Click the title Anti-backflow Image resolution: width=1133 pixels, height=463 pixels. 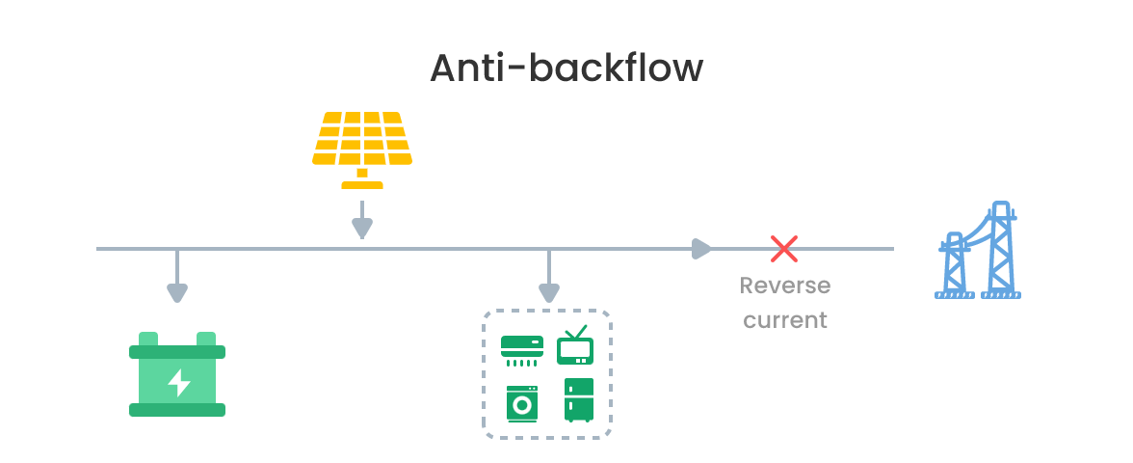566,68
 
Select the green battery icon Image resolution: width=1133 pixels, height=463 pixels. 177,376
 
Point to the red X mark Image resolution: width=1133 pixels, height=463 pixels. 784,249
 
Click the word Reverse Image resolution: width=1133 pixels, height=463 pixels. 784,286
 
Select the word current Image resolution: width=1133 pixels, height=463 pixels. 784,319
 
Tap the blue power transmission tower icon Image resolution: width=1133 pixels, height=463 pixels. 977,253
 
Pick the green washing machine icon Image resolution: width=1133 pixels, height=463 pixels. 522,403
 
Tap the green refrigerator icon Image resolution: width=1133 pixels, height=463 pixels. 579,399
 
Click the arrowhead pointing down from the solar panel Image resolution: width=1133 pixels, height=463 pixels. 361,228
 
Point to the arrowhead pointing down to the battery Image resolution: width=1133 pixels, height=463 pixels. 176,292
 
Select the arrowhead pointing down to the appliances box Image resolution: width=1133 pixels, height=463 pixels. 548,292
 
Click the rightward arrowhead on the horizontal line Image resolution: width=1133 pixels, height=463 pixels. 702,249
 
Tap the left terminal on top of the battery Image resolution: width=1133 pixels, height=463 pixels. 148,339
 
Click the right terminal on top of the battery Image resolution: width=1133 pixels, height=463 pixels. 206,339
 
